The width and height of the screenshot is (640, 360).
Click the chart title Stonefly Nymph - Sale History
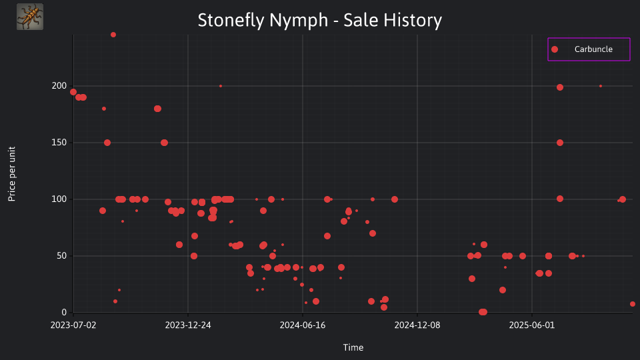pos(319,20)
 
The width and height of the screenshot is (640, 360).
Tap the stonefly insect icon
pos(30,17)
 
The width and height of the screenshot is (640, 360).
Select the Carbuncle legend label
pos(593,49)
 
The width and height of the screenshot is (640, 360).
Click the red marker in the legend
pos(554,49)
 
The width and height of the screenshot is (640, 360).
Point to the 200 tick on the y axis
pos(59,86)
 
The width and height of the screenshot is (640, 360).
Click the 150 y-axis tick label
pos(59,143)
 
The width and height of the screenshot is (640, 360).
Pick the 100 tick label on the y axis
pos(59,199)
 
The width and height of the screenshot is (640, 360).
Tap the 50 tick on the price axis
pos(61,256)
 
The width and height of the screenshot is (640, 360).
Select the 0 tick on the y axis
pos(64,313)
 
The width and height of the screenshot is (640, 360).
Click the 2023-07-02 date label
pos(73,325)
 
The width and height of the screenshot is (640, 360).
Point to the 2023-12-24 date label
pos(188,325)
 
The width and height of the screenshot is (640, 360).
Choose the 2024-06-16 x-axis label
pos(303,325)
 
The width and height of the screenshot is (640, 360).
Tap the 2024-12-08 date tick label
pos(417,325)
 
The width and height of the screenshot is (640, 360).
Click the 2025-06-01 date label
pos(532,325)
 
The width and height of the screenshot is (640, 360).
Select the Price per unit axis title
pos(12,174)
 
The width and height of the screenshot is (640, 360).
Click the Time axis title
pos(353,347)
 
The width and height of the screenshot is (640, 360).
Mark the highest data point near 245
pos(113,35)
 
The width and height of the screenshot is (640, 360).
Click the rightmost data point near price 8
pos(633,304)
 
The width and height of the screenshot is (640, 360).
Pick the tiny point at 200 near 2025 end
pos(601,86)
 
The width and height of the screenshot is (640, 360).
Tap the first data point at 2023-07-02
pos(73,92)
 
